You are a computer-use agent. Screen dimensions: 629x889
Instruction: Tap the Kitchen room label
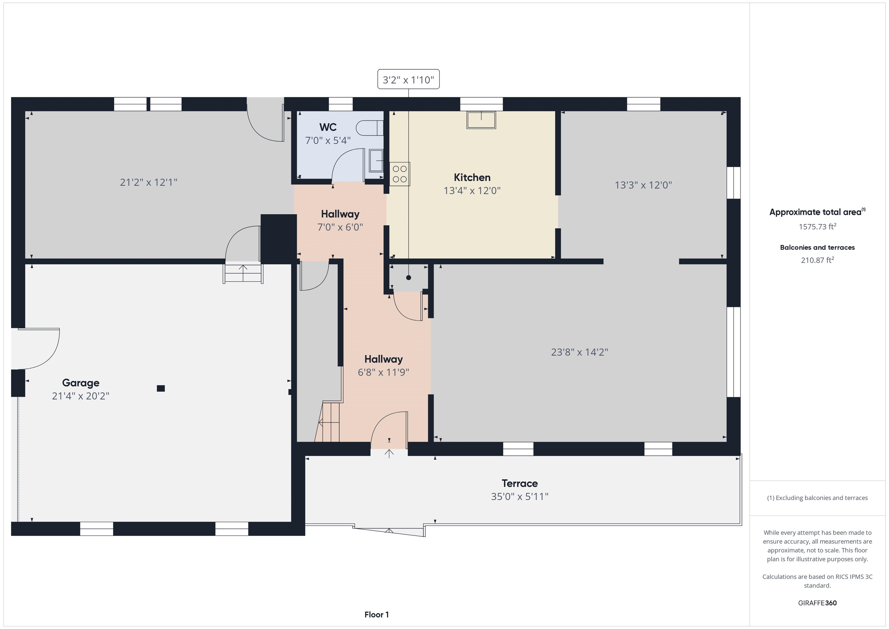point(472,177)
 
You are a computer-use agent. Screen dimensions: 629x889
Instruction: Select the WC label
point(328,127)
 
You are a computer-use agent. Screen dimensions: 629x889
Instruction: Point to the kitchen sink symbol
point(481,120)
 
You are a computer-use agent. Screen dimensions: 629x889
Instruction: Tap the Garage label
point(80,383)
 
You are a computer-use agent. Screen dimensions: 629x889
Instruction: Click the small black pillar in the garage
point(161,388)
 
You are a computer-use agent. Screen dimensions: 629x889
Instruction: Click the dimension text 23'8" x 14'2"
point(579,352)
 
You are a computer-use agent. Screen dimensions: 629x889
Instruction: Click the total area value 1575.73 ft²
point(817,227)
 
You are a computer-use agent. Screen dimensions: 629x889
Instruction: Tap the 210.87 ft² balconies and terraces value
point(817,260)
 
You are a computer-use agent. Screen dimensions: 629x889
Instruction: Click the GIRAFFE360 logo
point(817,603)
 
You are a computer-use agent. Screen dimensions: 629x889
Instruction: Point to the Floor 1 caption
point(376,614)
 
